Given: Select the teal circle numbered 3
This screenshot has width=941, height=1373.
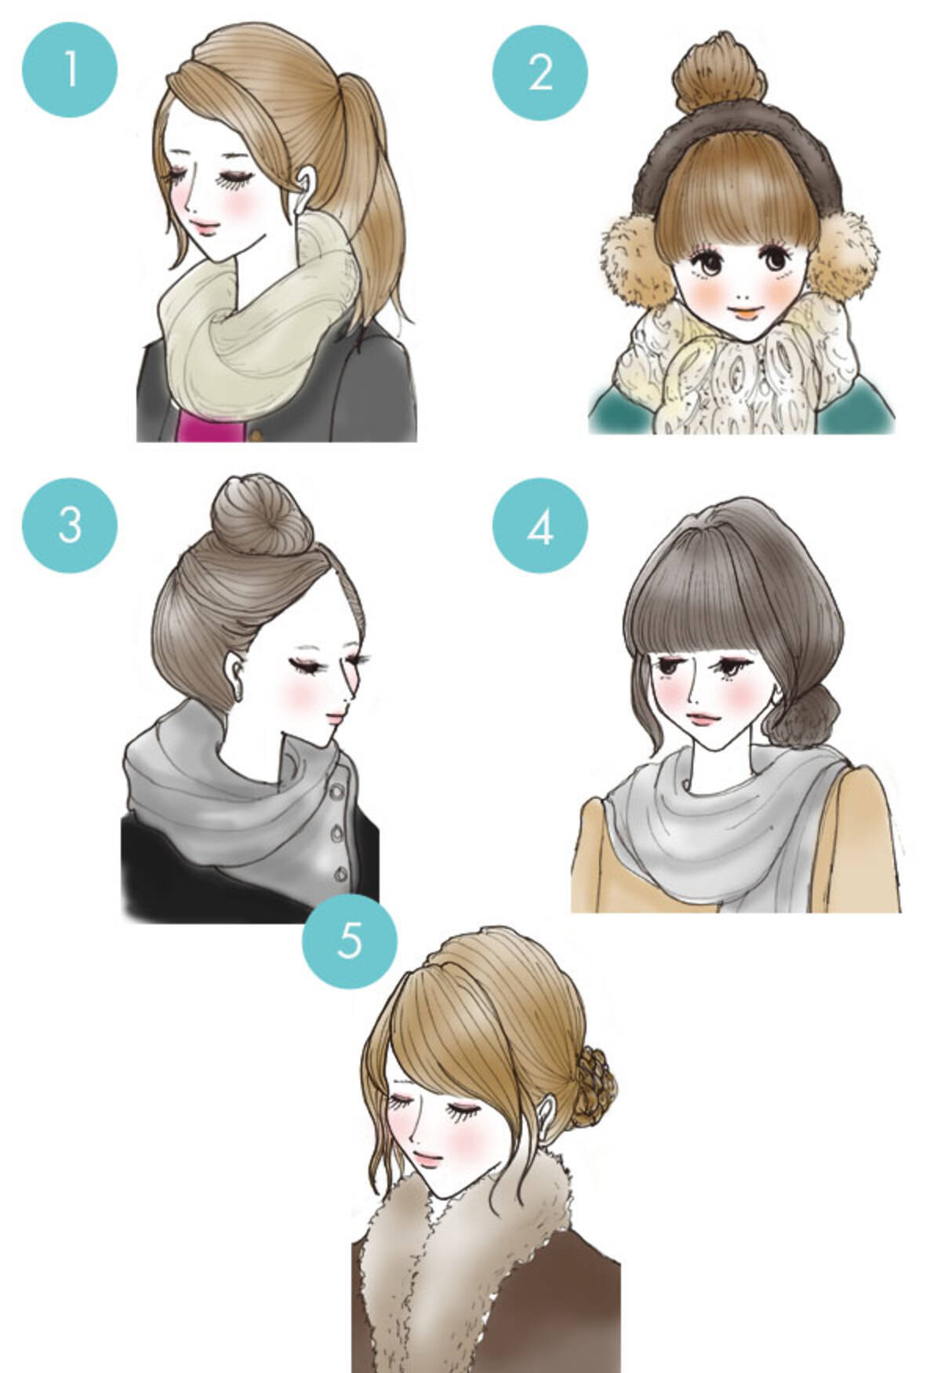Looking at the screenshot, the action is click(70, 523).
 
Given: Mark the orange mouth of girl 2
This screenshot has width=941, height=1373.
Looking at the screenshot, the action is click(746, 310).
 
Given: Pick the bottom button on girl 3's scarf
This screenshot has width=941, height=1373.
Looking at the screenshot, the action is click(343, 872).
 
